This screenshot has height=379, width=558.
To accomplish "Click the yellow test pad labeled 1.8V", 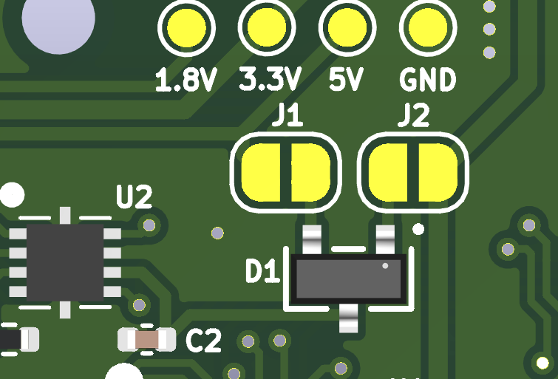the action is [x=186, y=28].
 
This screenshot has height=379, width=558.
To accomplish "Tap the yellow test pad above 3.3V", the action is [x=267, y=28].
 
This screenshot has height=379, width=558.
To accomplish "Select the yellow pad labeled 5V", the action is [x=347, y=28].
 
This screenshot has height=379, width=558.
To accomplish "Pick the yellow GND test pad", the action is [x=428, y=28].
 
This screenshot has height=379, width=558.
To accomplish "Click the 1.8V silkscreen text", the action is [x=186, y=80].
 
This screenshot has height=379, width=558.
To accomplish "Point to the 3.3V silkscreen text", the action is [x=270, y=79].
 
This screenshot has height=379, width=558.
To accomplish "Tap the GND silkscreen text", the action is [x=427, y=80].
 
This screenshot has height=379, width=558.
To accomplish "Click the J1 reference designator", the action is [x=287, y=115].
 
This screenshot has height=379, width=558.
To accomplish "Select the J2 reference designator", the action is [x=414, y=115].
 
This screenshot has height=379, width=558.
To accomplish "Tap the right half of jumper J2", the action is [x=438, y=172].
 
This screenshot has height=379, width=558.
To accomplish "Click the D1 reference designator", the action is [x=262, y=271].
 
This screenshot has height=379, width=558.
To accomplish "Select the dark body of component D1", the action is [x=348, y=279].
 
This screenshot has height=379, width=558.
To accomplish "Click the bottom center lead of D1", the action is [x=348, y=318].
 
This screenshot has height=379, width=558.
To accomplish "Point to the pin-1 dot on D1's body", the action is [x=385, y=266].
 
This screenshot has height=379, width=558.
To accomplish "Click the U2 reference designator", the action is [x=135, y=197].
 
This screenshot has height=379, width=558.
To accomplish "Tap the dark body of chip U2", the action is [x=65, y=262].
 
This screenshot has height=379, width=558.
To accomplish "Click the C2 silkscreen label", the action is [x=203, y=341].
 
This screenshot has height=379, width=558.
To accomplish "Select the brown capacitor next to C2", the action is [x=147, y=339].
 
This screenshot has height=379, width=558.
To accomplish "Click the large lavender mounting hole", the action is [x=58, y=18].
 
